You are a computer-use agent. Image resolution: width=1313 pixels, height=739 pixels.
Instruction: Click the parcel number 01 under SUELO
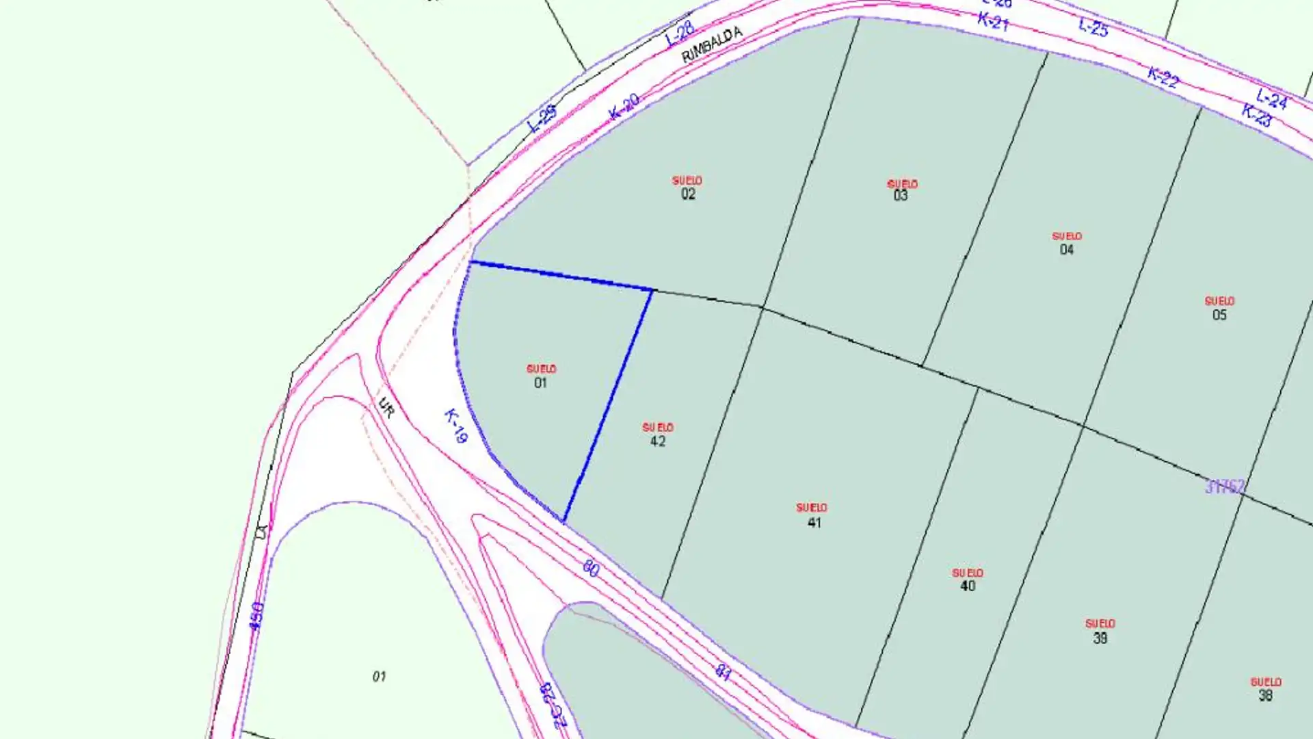tap(540, 383)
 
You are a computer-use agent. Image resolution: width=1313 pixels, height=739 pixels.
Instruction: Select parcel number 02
tap(688, 194)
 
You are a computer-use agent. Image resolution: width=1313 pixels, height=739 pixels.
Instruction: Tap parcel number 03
tap(901, 196)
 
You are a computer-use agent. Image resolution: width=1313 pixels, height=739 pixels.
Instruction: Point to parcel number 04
tap(1067, 250)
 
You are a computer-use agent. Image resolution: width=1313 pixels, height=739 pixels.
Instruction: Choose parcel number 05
tap(1219, 315)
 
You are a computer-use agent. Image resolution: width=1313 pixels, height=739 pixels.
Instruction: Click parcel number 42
tap(658, 441)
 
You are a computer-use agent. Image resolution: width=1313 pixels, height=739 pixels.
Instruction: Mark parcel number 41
tap(814, 523)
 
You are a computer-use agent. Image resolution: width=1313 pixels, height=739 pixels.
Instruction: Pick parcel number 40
tap(968, 586)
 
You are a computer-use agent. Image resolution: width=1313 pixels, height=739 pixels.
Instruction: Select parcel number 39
tap(1100, 638)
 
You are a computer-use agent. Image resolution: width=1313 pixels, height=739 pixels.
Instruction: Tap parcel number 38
tap(1265, 696)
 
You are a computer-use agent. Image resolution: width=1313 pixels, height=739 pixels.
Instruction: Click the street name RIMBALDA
tap(712, 45)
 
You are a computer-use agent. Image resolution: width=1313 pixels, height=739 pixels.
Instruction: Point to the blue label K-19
tap(455, 426)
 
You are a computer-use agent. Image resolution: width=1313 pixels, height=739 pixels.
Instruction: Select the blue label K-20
tap(624, 107)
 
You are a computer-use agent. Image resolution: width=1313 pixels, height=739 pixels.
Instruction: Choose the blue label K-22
tap(1163, 77)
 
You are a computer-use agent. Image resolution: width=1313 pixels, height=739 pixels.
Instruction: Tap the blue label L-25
tap(1093, 27)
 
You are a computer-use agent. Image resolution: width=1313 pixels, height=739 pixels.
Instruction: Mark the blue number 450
tap(256, 616)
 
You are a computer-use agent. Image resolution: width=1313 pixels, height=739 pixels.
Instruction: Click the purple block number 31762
tap(1225, 487)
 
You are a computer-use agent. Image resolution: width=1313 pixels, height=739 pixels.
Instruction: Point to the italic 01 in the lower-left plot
tap(379, 677)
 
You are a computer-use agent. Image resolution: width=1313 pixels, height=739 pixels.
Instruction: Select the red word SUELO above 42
tap(658, 427)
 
